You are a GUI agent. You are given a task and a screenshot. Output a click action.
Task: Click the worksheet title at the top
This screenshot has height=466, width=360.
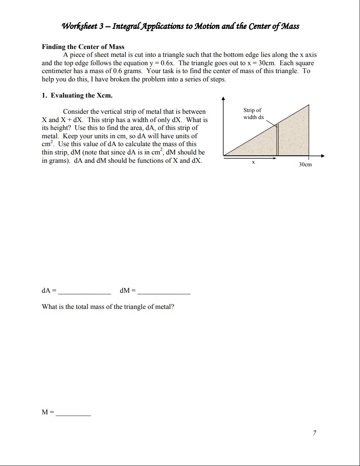click(180, 26)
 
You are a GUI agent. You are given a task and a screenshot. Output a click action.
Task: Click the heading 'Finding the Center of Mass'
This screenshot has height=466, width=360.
click(83, 47)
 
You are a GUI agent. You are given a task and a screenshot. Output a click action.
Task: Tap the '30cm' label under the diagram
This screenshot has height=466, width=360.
click(305, 165)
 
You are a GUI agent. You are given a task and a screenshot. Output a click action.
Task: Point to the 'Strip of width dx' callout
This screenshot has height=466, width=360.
click(254, 114)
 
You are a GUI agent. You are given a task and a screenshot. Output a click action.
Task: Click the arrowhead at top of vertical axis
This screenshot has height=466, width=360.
click(223, 98)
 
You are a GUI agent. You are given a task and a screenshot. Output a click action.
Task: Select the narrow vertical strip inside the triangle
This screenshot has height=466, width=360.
click(278, 140)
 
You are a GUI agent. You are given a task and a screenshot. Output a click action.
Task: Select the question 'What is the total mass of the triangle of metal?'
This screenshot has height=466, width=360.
click(108, 307)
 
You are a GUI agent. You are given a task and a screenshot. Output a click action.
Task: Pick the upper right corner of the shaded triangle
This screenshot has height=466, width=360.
click(310, 105)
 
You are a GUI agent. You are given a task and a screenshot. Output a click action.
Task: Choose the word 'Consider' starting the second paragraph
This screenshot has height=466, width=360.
click(77, 112)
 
